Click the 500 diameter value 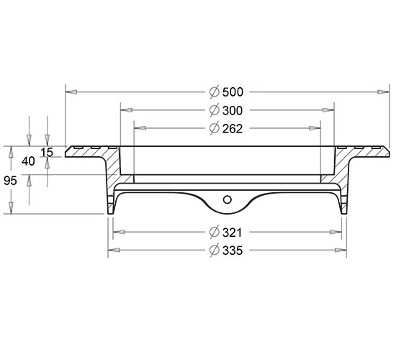(x=233, y=92)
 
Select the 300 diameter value (x=233, y=111)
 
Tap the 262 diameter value (x=233, y=129)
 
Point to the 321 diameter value (x=233, y=233)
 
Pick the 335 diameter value (x=233, y=251)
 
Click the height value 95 (x=10, y=181)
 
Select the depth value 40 (x=28, y=161)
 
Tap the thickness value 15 (x=47, y=153)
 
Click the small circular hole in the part (x=228, y=200)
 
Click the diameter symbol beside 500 (x=214, y=92)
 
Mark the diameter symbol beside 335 (x=214, y=251)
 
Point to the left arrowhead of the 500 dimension (x=71, y=92)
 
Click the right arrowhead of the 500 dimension (x=384, y=92)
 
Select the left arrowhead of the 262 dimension (x=140, y=128)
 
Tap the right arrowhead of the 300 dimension (x=328, y=110)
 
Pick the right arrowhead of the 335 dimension (x=341, y=251)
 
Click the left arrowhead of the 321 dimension (x=119, y=232)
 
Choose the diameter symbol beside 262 (x=214, y=129)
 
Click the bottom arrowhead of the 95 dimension (x=11, y=208)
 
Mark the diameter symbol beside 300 (x=214, y=111)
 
